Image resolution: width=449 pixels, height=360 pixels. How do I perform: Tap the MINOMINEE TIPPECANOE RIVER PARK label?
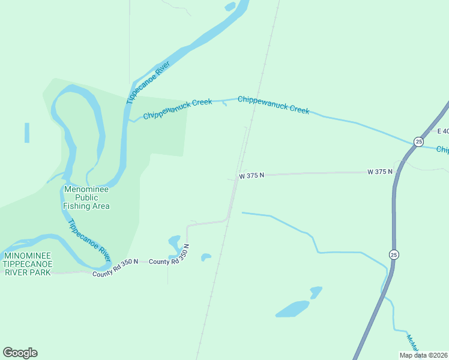[x=27, y=264]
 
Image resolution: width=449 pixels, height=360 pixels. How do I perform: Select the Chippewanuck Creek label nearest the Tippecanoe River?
[x=177, y=109]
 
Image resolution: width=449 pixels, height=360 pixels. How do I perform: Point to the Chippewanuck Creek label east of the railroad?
[x=274, y=104]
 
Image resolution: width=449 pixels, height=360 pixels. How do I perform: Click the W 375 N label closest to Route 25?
[x=380, y=172]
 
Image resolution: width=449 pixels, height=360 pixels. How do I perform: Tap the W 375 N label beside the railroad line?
[x=251, y=176]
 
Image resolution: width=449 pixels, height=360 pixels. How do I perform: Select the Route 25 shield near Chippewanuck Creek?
[x=418, y=142]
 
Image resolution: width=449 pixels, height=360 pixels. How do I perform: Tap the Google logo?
[x=20, y=352]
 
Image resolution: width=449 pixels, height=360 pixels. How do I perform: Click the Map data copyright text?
[x=423, y=355]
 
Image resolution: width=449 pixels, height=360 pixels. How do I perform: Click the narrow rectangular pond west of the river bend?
[x=27, y=133]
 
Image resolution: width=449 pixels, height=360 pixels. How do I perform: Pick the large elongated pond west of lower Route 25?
[x=292, y=309]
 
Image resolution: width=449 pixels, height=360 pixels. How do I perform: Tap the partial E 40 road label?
[x=442, y=131]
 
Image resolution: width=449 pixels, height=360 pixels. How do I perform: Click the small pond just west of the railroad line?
[x=205, y=257]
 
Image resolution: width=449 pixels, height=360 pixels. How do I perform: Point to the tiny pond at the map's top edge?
[x=230, y=7]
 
